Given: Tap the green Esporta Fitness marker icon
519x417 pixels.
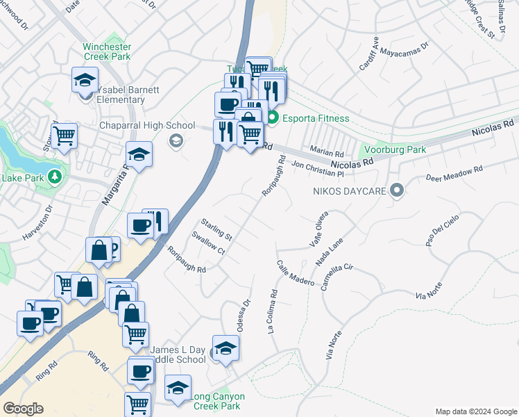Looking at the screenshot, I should (x=273, y=117).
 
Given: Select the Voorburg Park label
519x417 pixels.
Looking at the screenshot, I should (x=393, y=149).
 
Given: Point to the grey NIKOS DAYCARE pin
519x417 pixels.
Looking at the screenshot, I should (x=397, y=190).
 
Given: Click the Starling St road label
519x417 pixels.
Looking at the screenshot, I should (x=216, y=230).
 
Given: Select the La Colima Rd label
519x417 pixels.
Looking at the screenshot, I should (x=273, y=312).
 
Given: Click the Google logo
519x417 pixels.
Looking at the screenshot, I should (x=23, y=409).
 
